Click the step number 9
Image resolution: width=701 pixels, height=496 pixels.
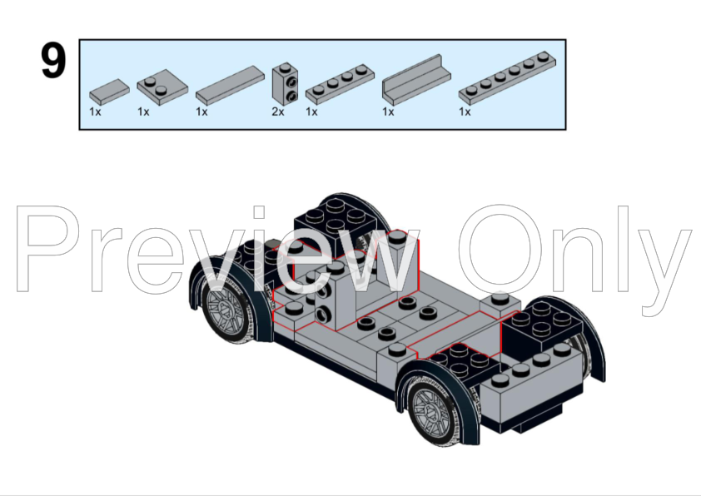(x=53, y=61)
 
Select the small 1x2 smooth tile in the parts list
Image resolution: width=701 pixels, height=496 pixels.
(x=110, y=92)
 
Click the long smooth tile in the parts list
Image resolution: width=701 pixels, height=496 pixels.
(x=231, y=86)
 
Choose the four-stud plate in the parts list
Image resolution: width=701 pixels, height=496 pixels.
(x=340, y=85)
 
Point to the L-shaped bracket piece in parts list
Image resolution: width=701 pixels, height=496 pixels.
(x=416, y=80)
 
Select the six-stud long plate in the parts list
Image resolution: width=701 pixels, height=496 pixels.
(x=507, y=78)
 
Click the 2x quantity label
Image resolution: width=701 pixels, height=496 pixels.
(x=277, y=112)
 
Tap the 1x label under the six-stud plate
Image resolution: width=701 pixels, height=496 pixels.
(x=465, y=112)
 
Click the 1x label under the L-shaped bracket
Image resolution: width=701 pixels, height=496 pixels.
(x=388, y=112)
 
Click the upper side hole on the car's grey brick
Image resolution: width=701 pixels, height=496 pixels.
(x=323, y=292)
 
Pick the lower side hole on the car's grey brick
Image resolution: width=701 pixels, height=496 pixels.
(x=322, y=315)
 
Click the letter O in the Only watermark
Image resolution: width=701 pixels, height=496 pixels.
(x=500, y=250)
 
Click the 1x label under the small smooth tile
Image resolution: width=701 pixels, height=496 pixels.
(x=95, y=112)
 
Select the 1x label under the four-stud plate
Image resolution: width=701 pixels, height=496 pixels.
(x=311, y=112)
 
